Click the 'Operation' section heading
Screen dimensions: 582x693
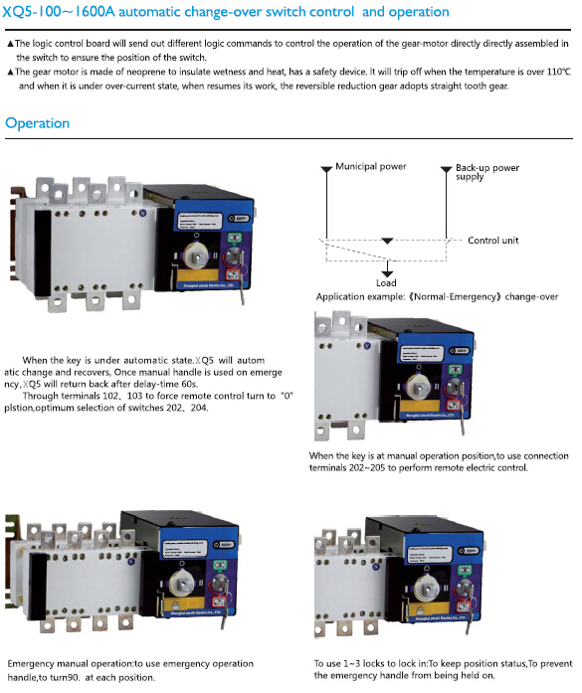(37, 123)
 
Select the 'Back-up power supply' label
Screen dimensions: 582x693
(487, 172)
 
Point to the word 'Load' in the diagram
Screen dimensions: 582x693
(386, 282)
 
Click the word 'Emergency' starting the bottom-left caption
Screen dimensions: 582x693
(34, 663)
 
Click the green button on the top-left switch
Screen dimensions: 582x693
(236, 239)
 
